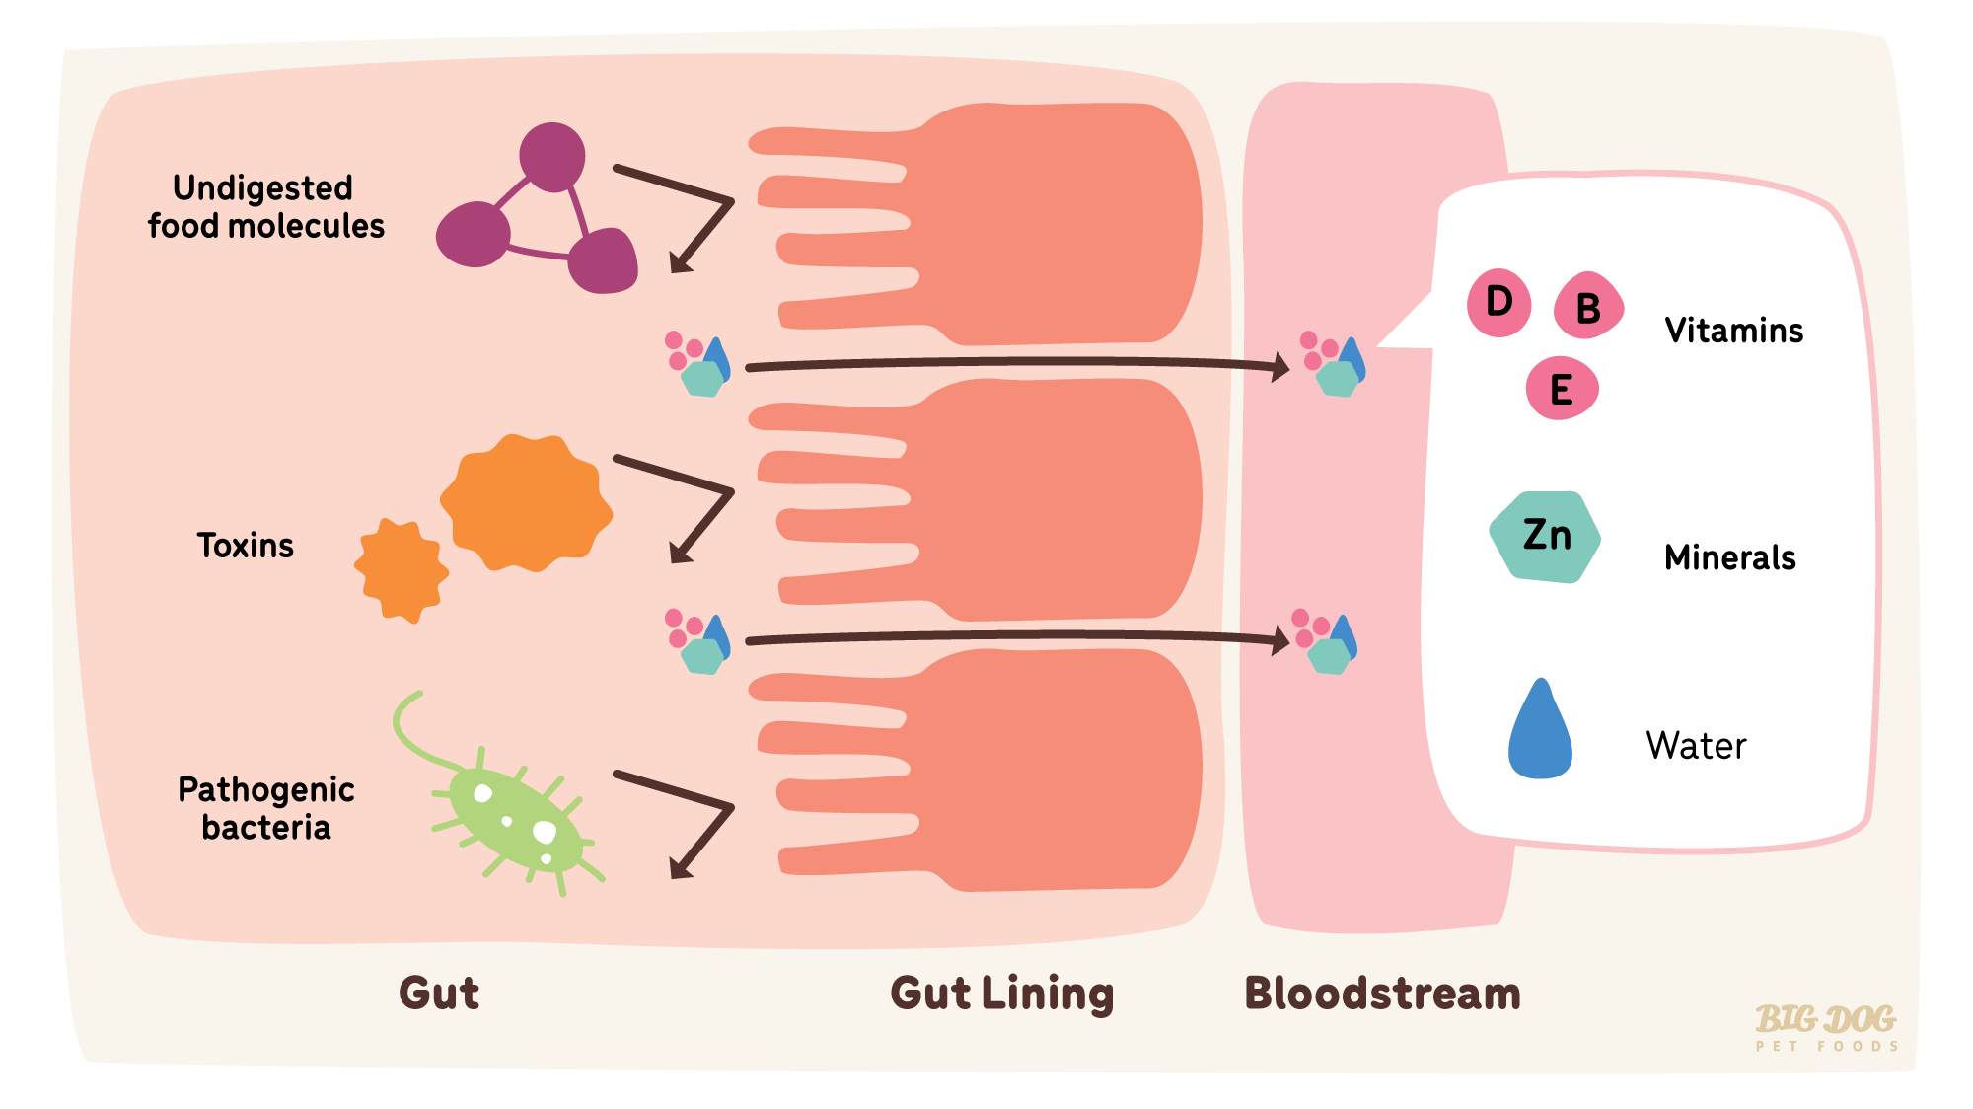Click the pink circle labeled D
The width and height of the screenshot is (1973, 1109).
[1498, 303]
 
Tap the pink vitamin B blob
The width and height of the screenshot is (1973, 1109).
[1587, 307]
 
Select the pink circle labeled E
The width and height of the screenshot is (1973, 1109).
[1562, 389]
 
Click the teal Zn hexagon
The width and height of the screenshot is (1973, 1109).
[1545, 537]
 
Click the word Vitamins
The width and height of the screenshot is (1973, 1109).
[1733, 331]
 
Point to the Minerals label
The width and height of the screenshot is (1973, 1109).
[1729, 557]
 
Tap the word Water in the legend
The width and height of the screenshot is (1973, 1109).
[1696, 745]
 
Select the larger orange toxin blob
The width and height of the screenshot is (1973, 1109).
[525, 503]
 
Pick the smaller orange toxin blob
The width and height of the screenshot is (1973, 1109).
[401, 570]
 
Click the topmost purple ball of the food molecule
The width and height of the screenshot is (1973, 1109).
[552, 157]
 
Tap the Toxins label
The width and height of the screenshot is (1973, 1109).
[246, 546]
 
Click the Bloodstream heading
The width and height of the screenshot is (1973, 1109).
[1381, 994]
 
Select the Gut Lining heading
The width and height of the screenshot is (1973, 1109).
[1001, 994]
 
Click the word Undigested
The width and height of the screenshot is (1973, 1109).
[262, 187]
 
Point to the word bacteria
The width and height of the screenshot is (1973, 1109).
[266, 827]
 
